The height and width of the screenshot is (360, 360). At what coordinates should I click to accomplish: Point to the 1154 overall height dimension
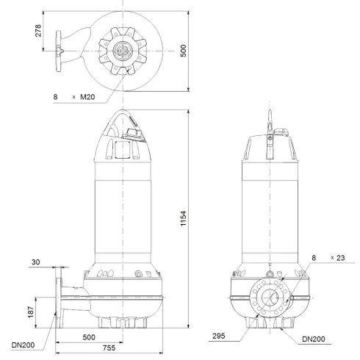[194, 220]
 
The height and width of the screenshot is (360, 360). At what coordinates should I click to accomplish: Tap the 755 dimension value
[108, 349]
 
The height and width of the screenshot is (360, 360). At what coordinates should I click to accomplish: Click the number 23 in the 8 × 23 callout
[339, 257]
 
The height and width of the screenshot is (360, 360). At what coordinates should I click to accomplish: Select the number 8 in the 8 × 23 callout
[314, 257]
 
